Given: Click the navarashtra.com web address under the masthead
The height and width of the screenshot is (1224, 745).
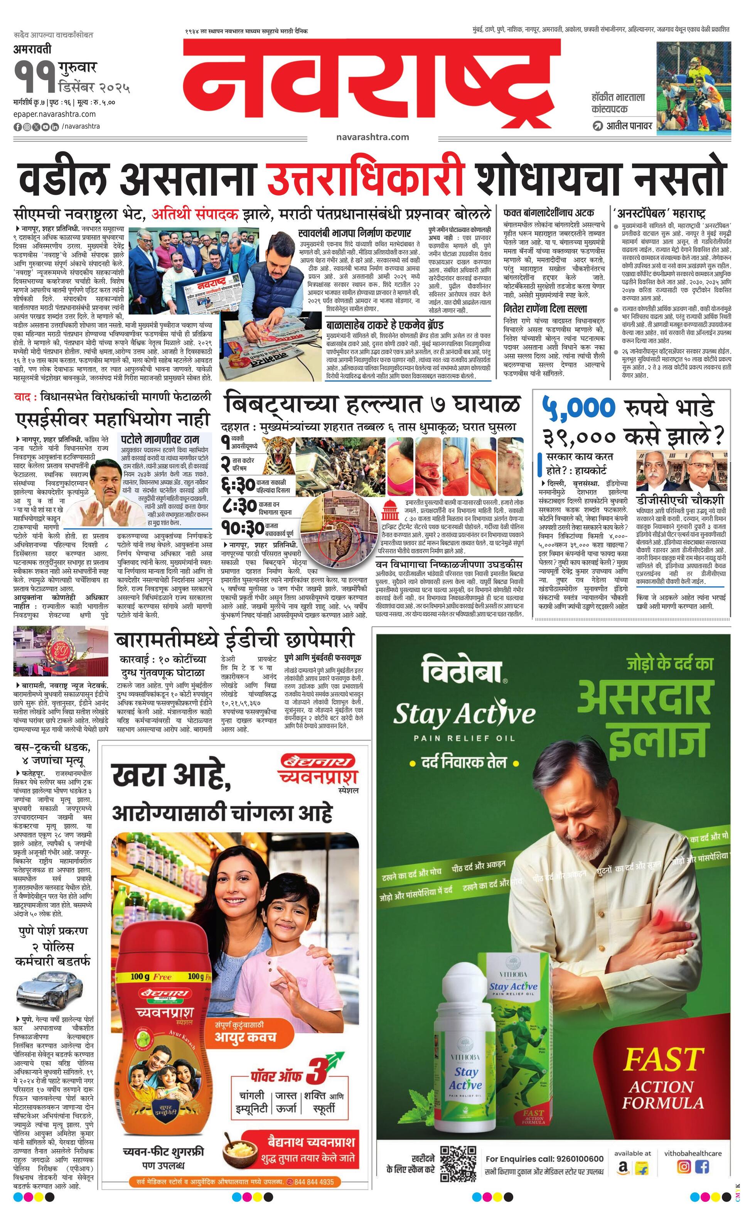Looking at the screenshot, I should (x=372, y=137).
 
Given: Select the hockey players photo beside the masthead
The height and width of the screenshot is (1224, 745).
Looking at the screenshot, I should (x=693, y=88).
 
